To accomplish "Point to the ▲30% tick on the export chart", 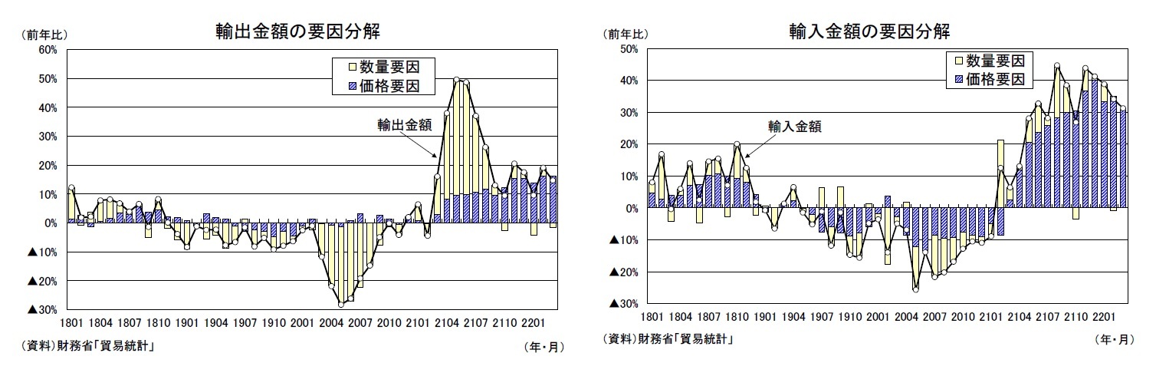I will point(43,310).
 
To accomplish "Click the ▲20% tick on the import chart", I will point(622,272).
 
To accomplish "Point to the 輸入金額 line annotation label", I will point(794,127).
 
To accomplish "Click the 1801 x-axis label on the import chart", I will point(652,317).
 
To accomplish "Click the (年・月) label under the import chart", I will point(1112,338).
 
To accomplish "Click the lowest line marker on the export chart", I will point(341,305).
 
